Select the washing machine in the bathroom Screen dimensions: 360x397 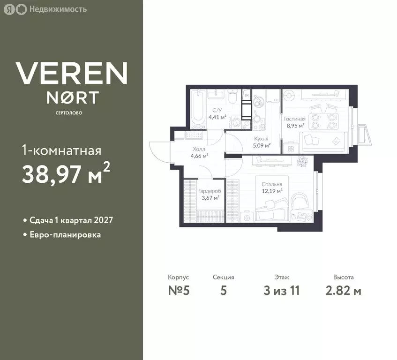pyautogui.click(x=234, y=121)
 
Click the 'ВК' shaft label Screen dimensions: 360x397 pyautogui.click(x=247, y=96)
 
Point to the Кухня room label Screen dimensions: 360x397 pyautogui.click(x=261, y=139)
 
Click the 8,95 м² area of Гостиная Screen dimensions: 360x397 pyautogui.click(x=295, y=126)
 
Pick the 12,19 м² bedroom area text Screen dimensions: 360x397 pyautogui.click(x=272, y=191)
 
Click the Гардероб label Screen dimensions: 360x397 pyautogui.click(x=210, y=191)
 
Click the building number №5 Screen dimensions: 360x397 pyautogui.click(x=179, y=291)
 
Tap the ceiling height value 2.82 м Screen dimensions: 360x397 pyautogui.click(x=343, y=291)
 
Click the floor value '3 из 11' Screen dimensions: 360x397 pyautogui.click(x=281, y=291)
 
